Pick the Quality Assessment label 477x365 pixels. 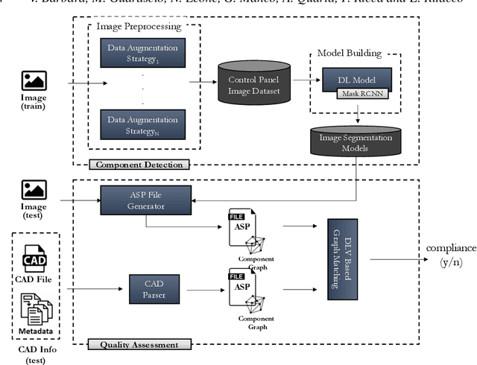coord(139,344)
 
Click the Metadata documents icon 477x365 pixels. coord(35,306)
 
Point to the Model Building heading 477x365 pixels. coord(349,53)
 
